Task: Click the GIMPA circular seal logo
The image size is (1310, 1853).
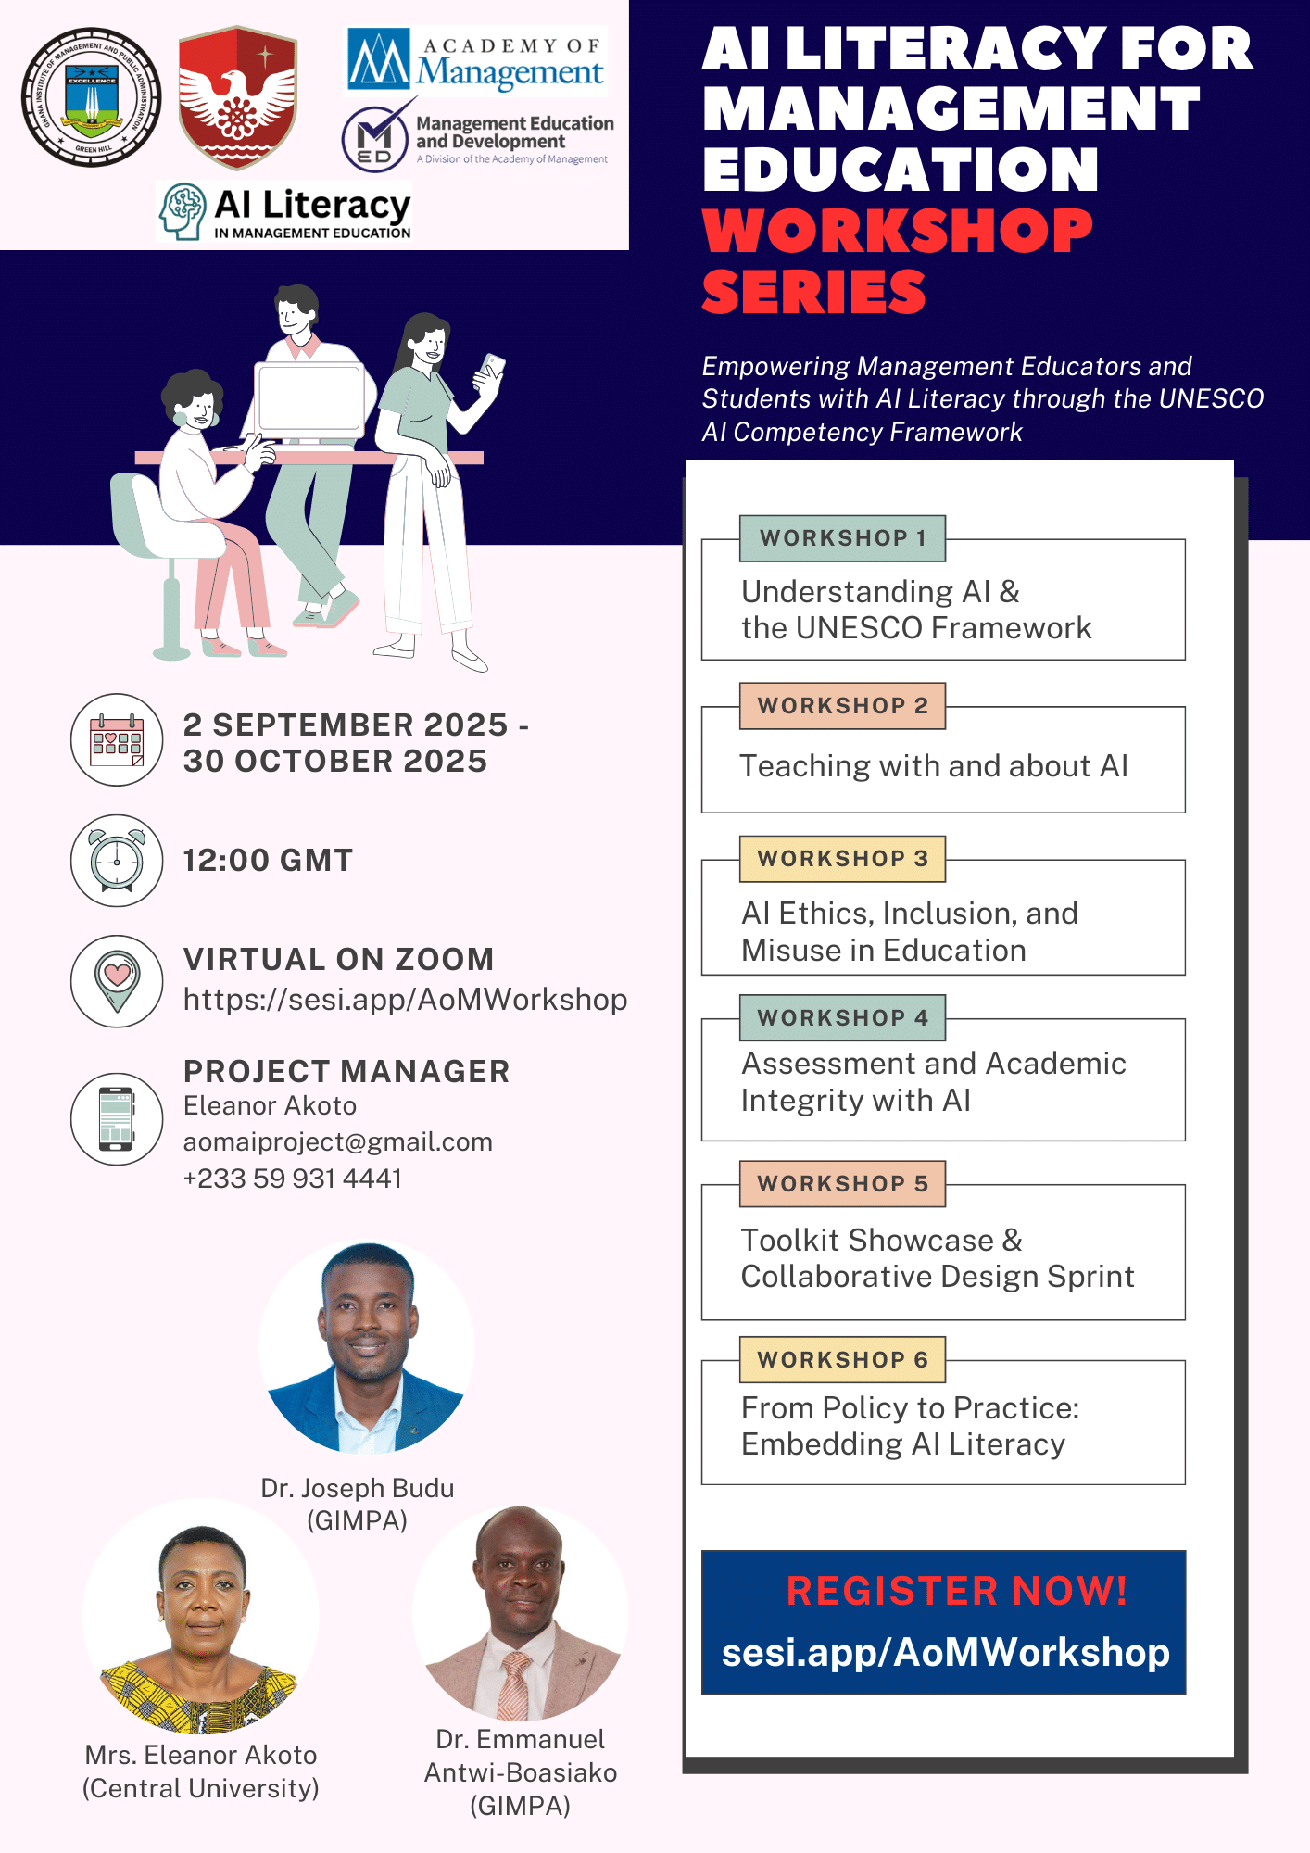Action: pyautogui.click(x=91, y=97)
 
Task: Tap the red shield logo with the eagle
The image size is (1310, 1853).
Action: pyautogui.click(x=237, y=97)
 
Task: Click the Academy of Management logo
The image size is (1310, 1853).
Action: pyautogui.click(x=476, y=61)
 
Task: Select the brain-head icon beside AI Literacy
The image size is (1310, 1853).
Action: pyautogui.click(x=183, y=211)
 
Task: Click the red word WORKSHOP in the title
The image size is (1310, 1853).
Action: pyautogui.click(x=897, y=231)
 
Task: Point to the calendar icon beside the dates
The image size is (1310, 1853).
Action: pyautogui.click(x=117, y=740)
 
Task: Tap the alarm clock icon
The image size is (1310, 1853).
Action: pyautogui.click(x=117, y=860)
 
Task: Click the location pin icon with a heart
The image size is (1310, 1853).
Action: pyautogui.click(x=117, y=980)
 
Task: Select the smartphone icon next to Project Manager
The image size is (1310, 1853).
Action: pyautogui.click(x=117, y=1118)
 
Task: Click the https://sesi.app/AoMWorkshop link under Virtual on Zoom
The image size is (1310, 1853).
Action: pyautogui.click(x=405, y=1000)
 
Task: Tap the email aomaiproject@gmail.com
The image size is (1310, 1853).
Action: pyautogui.click(x=337, y=1141)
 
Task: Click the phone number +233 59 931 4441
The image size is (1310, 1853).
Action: pyautogui.click(x=293, y=1179)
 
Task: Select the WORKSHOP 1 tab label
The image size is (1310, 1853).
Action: pyautogui.click(x=842, y=538)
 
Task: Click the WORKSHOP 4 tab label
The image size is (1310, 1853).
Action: pyautogui.click(x=842, y=1018)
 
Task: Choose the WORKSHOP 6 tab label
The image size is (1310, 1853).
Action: pyautogui.click(x=842, y=1359)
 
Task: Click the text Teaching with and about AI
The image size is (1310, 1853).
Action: pyautogui.click(x=934, y=766)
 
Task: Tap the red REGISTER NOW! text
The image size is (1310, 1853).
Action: pyautogui.click(x=956, y=1591)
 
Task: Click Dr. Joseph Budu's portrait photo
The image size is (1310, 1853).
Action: pyautogui.click(x=367, y=1348)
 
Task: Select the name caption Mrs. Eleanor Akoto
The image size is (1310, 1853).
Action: pyautogui.click(x=201, y=1755)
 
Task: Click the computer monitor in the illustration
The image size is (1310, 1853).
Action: pyautogui.click(x=309, y=398)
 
